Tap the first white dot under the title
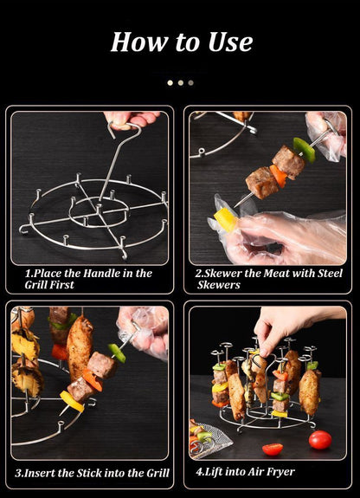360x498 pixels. click(170, 83)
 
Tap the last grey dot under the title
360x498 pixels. click(190, 83)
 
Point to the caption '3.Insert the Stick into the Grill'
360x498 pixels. click(92, 473)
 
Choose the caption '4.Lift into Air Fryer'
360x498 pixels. click(245, 472)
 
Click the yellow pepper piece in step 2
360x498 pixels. click(226, 218)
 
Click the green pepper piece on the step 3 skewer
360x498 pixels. click(117, 352)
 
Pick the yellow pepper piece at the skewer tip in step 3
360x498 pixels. click(72, 401)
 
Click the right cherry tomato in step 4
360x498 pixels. click(320, 439)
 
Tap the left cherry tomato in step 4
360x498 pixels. click(273, 449)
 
